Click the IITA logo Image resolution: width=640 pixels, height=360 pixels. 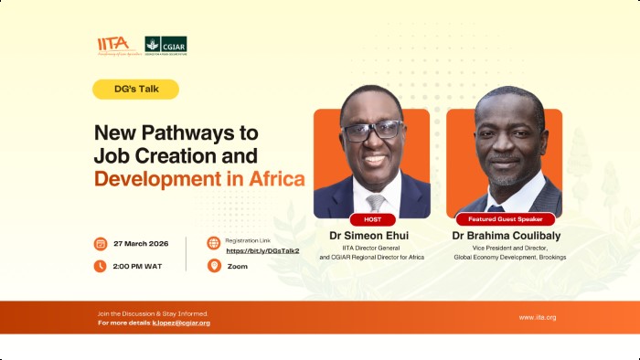pyautogui.click(x=113, y=45)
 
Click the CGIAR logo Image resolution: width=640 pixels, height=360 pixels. pyautogui.click(x=165, y=45)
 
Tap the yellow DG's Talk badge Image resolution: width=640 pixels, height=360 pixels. pyautogui.click(x=135, y=90)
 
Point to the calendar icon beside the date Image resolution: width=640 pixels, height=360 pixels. pyautogui.click(x=101, y=244)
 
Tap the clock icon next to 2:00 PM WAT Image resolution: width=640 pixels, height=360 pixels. pyautogui.click(x=101, y=266)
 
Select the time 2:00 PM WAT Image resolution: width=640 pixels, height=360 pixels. pyautogui.click(x=139, y=266)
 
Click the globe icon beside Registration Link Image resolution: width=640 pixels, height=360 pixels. pyautogui.click(x=214, y=243)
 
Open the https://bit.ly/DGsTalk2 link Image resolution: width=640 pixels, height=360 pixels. pyautogui.click(x=262, y=250)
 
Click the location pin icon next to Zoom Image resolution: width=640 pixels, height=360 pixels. pyautogui.click(x=214, y=266)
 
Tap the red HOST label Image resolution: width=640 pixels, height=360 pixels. pyautogui.click(x=372, y=219)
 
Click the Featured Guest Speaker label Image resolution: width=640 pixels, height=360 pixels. pyautogui.click(x=504, y=219)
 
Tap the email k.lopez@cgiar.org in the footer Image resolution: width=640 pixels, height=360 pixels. pyautogui.click(x=181, y=323)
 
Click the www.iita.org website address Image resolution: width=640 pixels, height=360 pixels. pyautogui.click(x=538, y=317)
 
